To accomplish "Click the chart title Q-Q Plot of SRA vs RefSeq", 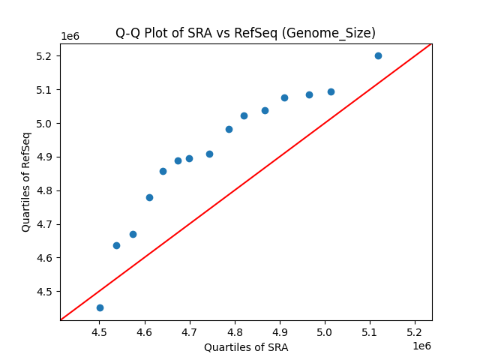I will [244, 33].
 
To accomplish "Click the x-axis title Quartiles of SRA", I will [246, 347].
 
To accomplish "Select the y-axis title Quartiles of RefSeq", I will [26, 181].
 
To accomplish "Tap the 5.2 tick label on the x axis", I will [415, 331].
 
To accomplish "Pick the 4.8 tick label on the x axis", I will [235, 331].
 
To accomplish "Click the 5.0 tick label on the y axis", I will [44, 124].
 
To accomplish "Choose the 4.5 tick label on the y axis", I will [44, 292].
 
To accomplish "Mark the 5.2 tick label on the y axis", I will [44, 56].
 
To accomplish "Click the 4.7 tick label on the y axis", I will [44, 224].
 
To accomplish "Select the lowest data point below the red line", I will [100, 307].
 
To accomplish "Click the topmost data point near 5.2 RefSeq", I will [378, 55].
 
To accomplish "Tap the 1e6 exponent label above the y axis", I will [71, 36].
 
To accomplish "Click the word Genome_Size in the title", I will [342, 33].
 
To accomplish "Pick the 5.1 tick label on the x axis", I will [370, 331].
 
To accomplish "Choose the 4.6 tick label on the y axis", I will [44, 258].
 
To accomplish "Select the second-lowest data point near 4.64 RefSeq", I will [116, 245].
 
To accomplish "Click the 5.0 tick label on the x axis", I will [325, 331].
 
